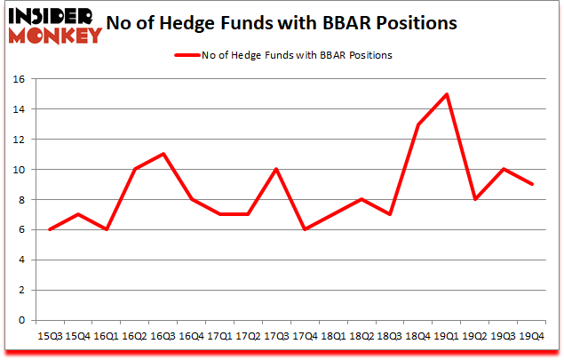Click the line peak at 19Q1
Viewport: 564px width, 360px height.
click(x=449, y=94)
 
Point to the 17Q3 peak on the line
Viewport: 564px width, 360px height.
click(x=277, y=169)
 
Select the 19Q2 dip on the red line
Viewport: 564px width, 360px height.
click(x=477, y=199)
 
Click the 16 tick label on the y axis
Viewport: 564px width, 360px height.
click(x=19, y=79)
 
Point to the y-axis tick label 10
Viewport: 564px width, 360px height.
click(x=19, y=170)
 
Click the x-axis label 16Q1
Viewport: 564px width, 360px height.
click(x=106, y=338)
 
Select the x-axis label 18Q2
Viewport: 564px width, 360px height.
click(x=362, y=338)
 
